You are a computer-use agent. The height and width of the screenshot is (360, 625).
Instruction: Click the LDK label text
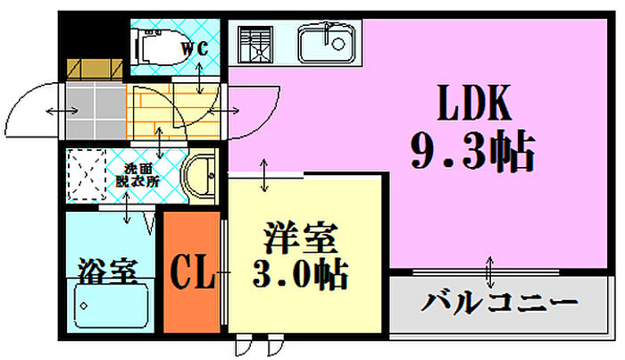click(474, 103)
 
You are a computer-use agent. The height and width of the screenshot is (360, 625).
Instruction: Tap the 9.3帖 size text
click(472, 151)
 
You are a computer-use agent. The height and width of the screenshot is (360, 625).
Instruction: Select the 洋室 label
click(301, 238)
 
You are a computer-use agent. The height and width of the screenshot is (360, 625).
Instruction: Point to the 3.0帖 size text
click(301, 274)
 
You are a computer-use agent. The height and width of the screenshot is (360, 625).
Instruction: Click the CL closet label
click(193, 272)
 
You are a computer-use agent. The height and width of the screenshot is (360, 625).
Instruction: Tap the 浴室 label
click(108, 271)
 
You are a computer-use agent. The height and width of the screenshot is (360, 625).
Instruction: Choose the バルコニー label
click(499, 303)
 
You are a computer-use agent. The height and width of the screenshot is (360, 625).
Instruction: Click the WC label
click(195, 48)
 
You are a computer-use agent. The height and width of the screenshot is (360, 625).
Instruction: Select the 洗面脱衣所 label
click(137, 175)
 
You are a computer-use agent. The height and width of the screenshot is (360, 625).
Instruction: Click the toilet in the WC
click(161, 46)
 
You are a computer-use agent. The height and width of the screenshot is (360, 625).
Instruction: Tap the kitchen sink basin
click(327, 43)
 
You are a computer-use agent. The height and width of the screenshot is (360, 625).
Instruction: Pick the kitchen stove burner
click(255, 45)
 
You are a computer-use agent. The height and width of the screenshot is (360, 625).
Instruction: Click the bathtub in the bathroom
click(111, 304)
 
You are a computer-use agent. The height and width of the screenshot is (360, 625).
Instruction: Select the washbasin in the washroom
click(199, 175)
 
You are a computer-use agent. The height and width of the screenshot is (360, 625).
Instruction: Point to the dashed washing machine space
click(86, 174)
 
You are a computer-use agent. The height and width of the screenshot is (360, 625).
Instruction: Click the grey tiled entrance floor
click(96, 111)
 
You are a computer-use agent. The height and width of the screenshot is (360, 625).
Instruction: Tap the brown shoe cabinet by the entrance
click(95, 70)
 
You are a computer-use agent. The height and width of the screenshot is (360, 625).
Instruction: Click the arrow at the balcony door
click(490, 272)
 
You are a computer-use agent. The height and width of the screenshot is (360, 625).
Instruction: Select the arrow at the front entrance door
click(62, 111)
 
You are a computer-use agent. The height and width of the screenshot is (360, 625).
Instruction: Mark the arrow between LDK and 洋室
click(264, 175)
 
